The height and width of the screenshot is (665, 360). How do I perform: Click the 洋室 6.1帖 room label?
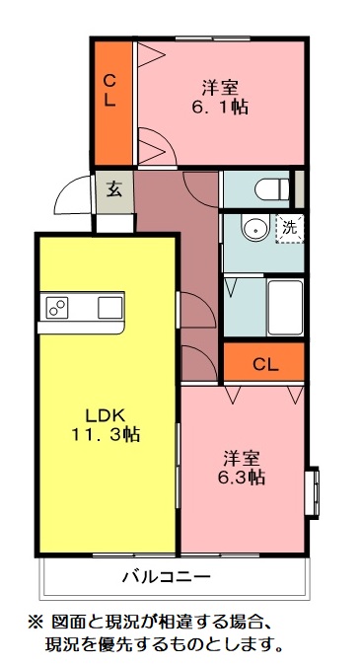coord(219,96)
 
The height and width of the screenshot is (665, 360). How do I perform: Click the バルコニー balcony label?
coord(166,576)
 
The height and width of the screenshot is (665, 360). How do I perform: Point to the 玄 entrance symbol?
coord(113,188)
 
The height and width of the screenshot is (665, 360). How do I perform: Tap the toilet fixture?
coord(268,187)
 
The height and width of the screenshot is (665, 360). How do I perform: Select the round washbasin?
coord(255,229)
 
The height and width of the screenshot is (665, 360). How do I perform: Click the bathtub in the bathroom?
coord(284,306)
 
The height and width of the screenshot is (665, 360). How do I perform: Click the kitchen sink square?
coord(108,308)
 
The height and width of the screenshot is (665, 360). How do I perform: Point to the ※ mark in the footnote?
coord(32,624)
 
